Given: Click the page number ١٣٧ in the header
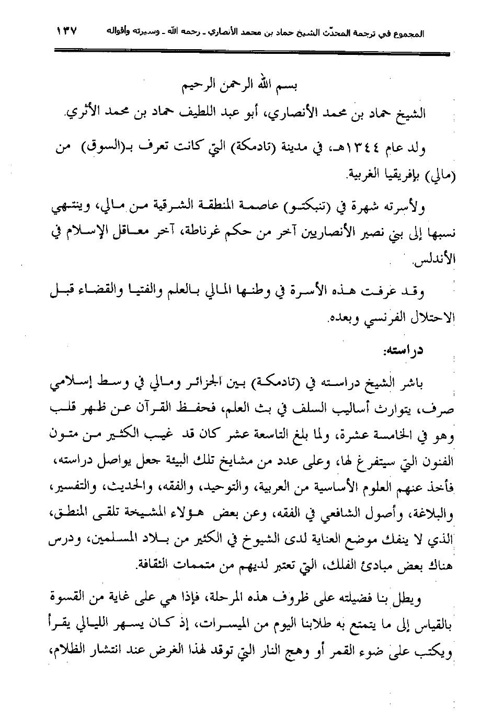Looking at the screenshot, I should point(67,31).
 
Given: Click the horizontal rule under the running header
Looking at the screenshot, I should point(251,51).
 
